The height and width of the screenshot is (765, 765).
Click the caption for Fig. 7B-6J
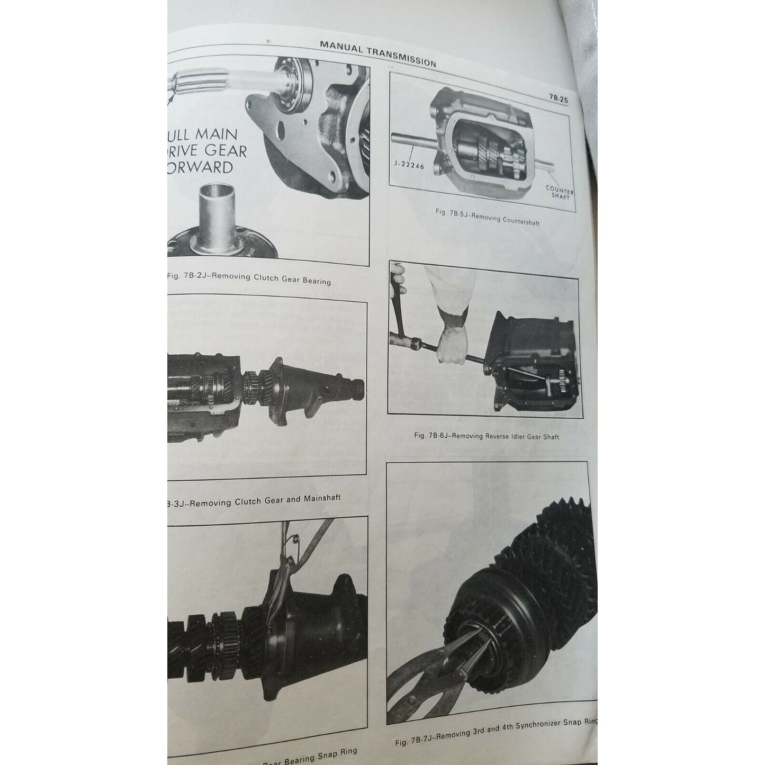(485, 436)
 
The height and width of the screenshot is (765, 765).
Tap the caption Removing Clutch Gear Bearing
(249, 278)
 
